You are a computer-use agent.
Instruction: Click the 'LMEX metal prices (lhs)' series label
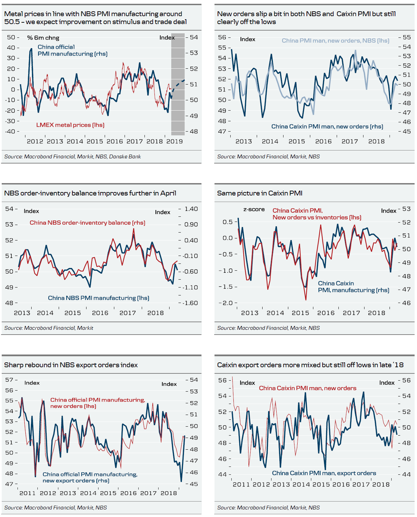pos(70,125)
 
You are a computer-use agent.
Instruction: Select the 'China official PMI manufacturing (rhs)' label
pos(72,50)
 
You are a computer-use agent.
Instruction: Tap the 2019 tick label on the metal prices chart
pos(174,141)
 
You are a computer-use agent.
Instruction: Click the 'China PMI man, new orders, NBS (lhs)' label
pos(335,41)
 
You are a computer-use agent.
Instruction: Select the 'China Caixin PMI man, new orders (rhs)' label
pos(327,126)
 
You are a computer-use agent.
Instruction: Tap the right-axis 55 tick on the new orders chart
pos(407,37)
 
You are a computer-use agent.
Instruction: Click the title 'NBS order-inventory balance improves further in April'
pos(90,193)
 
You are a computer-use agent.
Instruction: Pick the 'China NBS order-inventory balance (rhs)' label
pos(88,223)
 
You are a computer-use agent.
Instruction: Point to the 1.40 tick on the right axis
pos(191,209)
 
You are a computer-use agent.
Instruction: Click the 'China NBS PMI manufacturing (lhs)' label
pos(99,298)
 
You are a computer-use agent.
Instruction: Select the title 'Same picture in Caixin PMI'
pos(260,193)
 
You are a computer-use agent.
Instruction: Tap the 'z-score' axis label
pos(254,209)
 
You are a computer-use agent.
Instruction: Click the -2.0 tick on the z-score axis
pos(226,303)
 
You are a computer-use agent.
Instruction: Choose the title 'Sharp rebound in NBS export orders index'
pos(71,365)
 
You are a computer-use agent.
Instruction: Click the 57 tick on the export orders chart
pos(9,380)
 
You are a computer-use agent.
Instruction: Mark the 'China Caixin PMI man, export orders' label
pos(324,473)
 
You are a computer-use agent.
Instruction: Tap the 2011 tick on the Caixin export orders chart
pos(241,484)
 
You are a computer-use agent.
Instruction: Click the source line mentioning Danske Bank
pos(72,157)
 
